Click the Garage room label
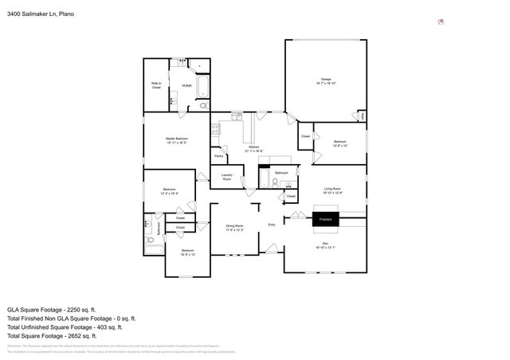[326, 80]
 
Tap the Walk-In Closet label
[156, 84]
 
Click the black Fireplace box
[325, 217]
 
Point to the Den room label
[325, 245]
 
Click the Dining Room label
[234, 228]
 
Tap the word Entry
[272, 224]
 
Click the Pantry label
[218, 156]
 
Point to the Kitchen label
[253, 148]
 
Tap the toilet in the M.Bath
[202, 104]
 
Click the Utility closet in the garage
[363, 116]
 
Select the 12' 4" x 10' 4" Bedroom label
[169, 191]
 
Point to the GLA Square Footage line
[51, 309]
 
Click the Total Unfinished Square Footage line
[65, 327]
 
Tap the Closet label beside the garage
[305, 136]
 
